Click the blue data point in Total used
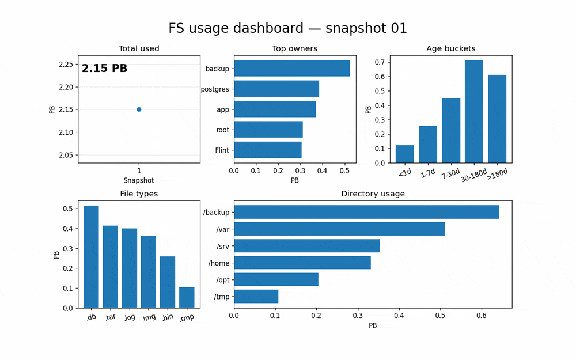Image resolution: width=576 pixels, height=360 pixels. pyautogui.click(x=139, y=109)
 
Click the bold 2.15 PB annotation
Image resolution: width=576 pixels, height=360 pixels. pyautogui.click(x=104, y=69)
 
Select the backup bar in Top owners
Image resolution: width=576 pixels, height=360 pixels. pyautogui.click(x=292, y=69)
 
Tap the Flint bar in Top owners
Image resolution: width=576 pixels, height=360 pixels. pyautogui.click(x=268, y=150)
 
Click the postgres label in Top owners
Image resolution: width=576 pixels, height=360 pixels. pyautogui.click(x=215, y=89)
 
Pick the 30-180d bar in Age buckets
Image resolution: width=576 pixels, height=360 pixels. pyautogui.click(x=474, y=112)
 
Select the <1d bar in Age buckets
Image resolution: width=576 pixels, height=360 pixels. pyautogui.click(x=405, y=154)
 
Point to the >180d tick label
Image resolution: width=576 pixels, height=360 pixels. pyautogui.click(x=497, y=173)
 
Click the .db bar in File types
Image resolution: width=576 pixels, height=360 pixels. pyautogui.click(x=91, y=257)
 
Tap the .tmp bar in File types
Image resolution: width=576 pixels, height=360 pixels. pyautogui.click(x=187, y=298)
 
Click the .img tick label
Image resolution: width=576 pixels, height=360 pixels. pyautogui.click(x=148, y=318)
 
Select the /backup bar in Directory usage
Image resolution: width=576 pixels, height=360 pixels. pyautogui.click(x=366, y=212)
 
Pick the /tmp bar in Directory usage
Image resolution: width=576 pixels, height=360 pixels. pyautogui.click(x=256, y=297)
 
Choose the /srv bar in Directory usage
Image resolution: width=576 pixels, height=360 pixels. pyautogui.click(x=307, y=246)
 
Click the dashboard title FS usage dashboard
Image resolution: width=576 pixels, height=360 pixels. pyautogui.click(x=287, y=28)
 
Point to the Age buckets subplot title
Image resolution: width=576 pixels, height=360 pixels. pyautogui.click(x=450, y=49)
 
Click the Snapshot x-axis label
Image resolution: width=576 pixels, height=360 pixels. pyautogui.click(x=139, y=180)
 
